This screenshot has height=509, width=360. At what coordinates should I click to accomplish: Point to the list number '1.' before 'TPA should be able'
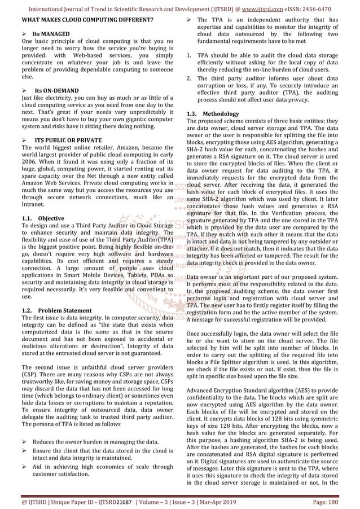coord(188,56)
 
